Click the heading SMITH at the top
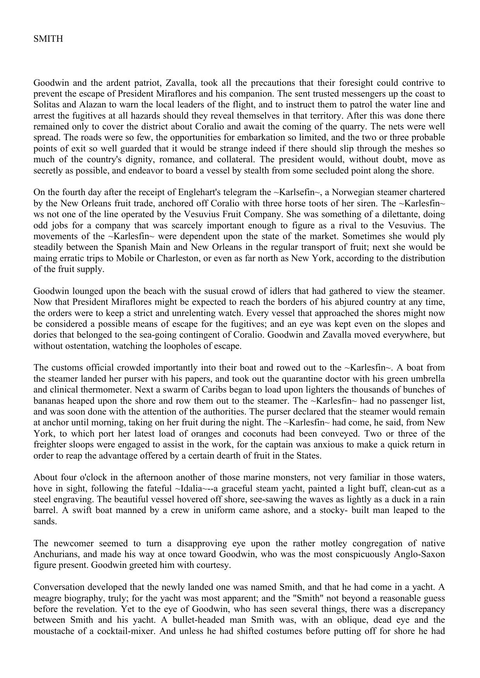coord(48,39)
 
